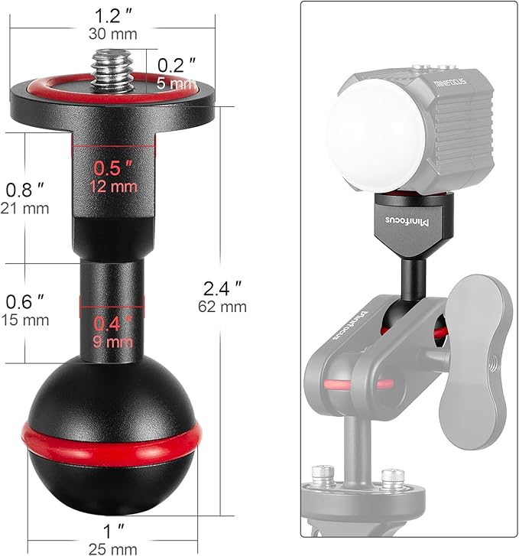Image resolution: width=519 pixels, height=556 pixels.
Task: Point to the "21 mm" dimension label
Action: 24,208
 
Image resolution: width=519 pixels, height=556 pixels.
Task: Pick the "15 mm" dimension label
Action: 24,319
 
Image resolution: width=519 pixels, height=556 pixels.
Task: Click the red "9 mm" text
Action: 113,341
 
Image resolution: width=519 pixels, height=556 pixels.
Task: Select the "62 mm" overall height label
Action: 222,307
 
